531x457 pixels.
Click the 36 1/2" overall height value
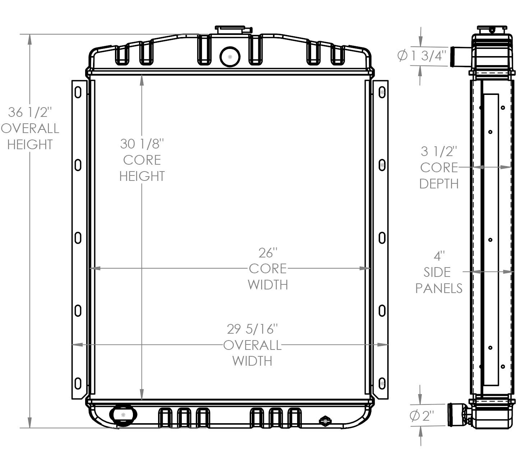(x=30, y=112)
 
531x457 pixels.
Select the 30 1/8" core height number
(x=142, y=144)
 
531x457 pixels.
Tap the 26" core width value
(x=268, y=253)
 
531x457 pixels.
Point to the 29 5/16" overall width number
(x=252, y=329)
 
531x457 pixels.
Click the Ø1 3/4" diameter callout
(x=422, y=56)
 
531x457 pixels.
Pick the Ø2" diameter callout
(x=422, y=416)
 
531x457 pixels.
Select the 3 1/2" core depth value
(x=439, y=151)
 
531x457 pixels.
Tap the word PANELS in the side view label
(x=439, y=288)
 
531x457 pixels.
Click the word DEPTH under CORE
(x=439, y=184)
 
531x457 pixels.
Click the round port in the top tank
(x=230, y=57)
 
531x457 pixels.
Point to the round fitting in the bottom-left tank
(x=123, y=415)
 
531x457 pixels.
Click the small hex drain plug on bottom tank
(x=325, y=421)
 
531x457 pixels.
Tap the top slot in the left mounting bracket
(x=78, y=92)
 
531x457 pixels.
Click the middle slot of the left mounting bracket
(x=78, y=238)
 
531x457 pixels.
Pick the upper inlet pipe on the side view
(x=460, y=56)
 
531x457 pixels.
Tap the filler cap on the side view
(x=492, y=29)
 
